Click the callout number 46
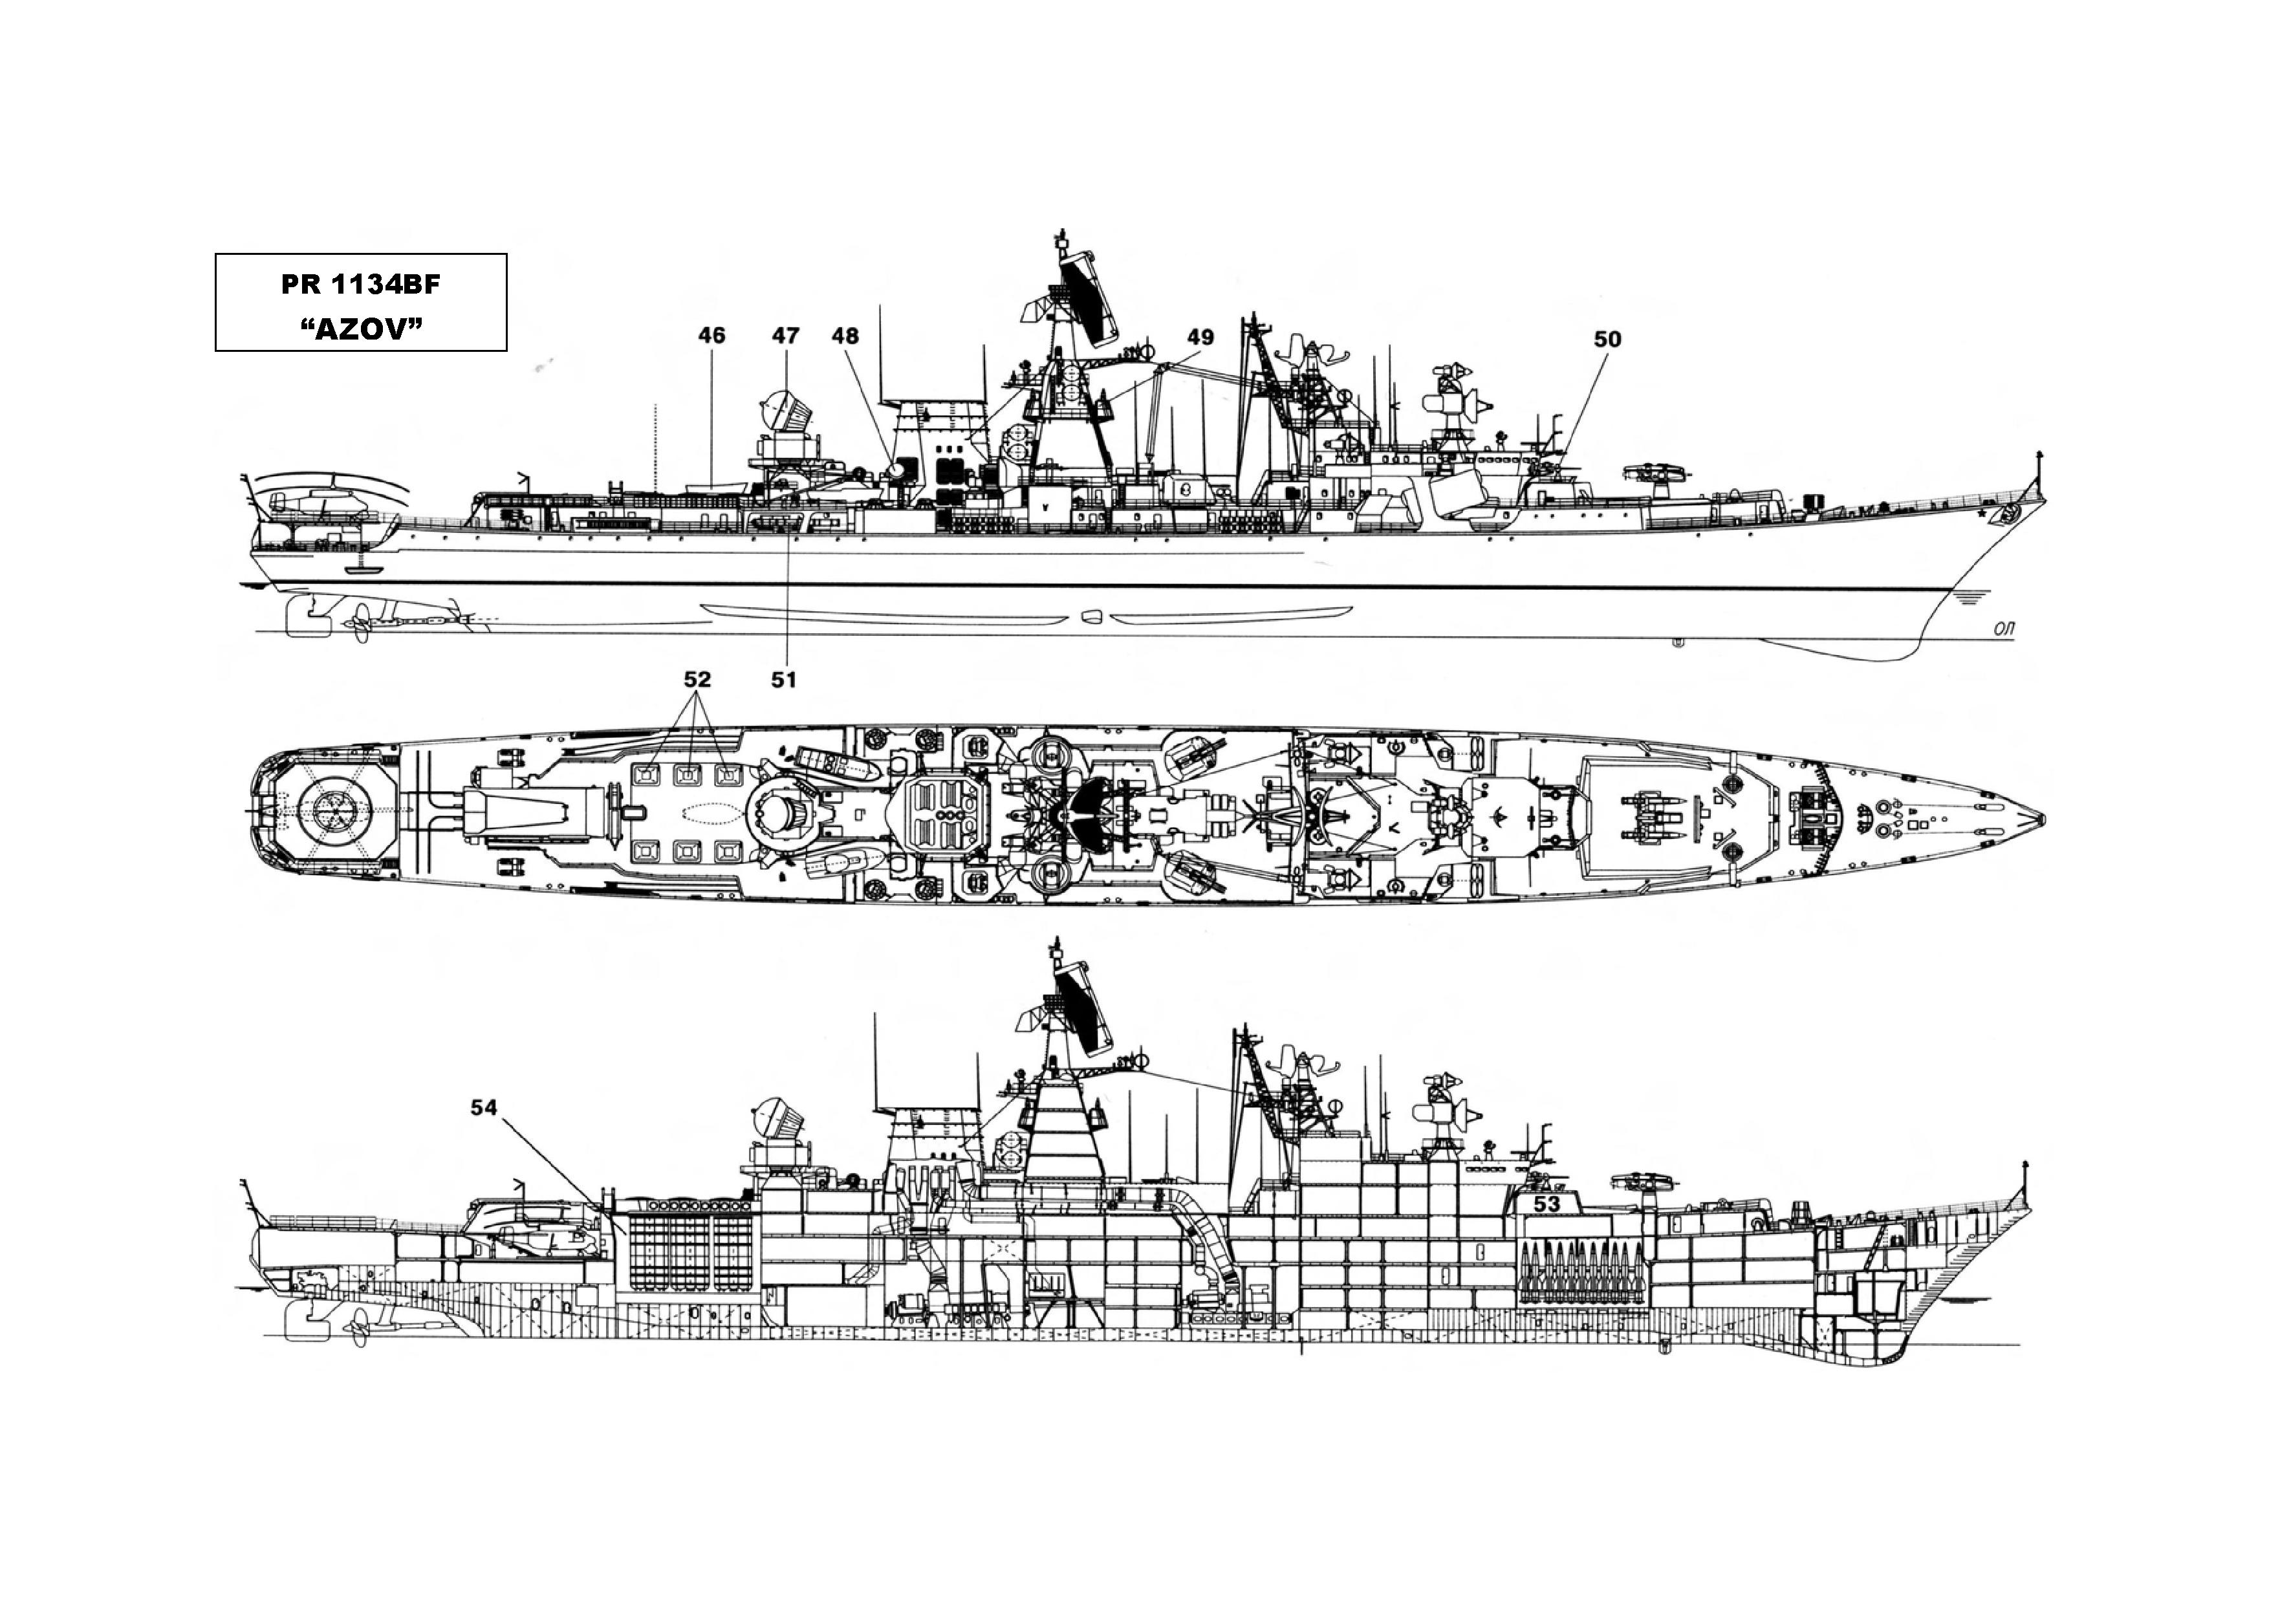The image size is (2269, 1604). (711, 336)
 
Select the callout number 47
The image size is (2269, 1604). (786, 336)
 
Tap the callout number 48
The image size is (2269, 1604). (846, 336)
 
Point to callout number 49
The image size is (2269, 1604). (1200, 337)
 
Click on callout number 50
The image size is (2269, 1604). (1608, 339)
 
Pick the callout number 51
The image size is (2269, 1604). (784, 679)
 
